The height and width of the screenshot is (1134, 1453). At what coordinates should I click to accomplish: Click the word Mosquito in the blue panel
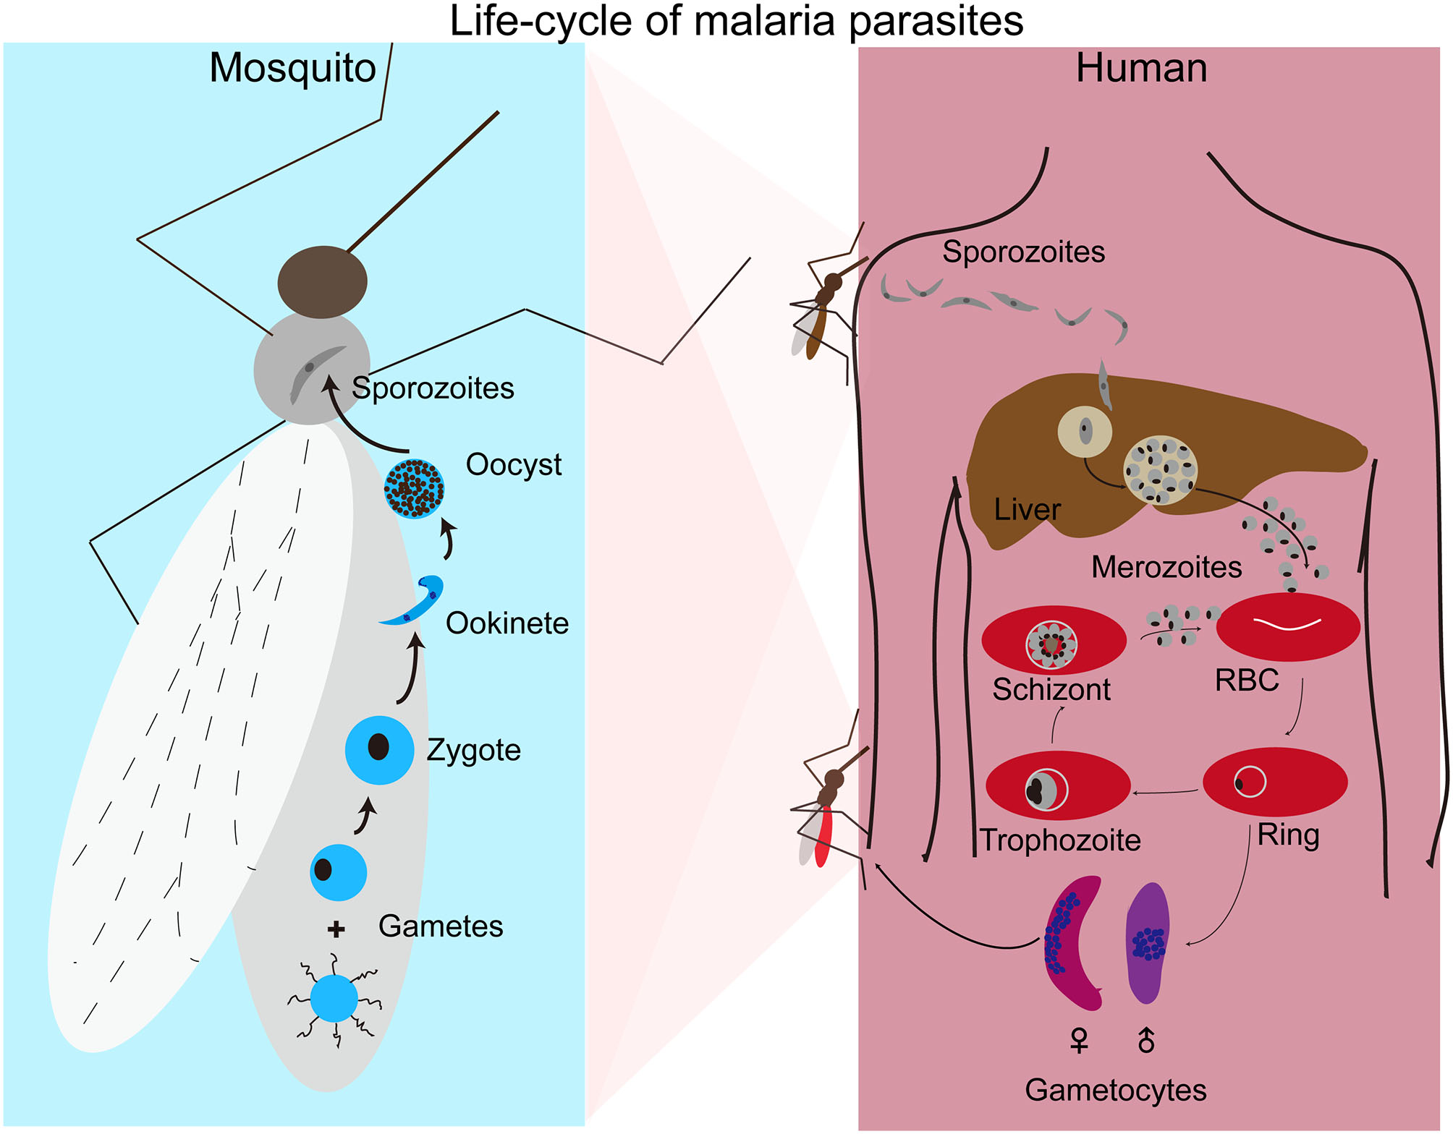(x=292, y=69)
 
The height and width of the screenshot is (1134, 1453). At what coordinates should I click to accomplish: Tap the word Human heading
(x=1141, y=69)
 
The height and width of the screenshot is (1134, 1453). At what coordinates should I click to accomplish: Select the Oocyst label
(x=513, y=465)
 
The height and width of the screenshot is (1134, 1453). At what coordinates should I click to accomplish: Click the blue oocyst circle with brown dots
(x=414, y=489)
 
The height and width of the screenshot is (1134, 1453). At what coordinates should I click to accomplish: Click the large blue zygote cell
(x=379, y=750)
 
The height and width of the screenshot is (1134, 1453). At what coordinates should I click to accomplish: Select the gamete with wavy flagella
(x=334, y=999)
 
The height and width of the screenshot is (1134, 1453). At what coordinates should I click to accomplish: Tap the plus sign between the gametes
(x=336, y=929)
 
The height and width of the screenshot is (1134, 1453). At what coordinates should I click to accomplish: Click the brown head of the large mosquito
(x=322, y=282)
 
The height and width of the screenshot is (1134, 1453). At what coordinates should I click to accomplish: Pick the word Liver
(x=1027, y=510)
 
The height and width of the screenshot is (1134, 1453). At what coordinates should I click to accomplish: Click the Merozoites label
(x=1166, y=568)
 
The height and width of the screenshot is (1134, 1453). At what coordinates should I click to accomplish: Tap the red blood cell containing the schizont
(x=1054, y=641)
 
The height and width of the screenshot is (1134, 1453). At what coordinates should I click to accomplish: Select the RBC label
(x=1247, y=681)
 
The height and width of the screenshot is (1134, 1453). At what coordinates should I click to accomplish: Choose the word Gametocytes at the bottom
(x=1115, y=1091)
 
